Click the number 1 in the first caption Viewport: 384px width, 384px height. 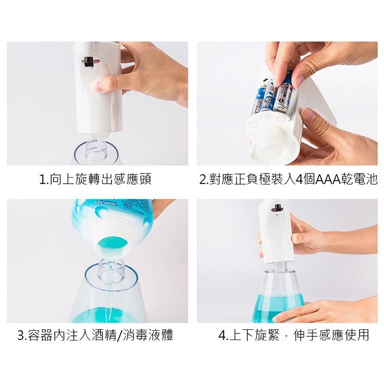(x=42, y=180)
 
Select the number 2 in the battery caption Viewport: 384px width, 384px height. (x=203, y=180)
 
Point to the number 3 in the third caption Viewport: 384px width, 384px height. (x=21, y=336)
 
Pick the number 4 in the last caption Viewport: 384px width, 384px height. (x=222, y=336)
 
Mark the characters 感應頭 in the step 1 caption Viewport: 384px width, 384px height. (x=135, y=180)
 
